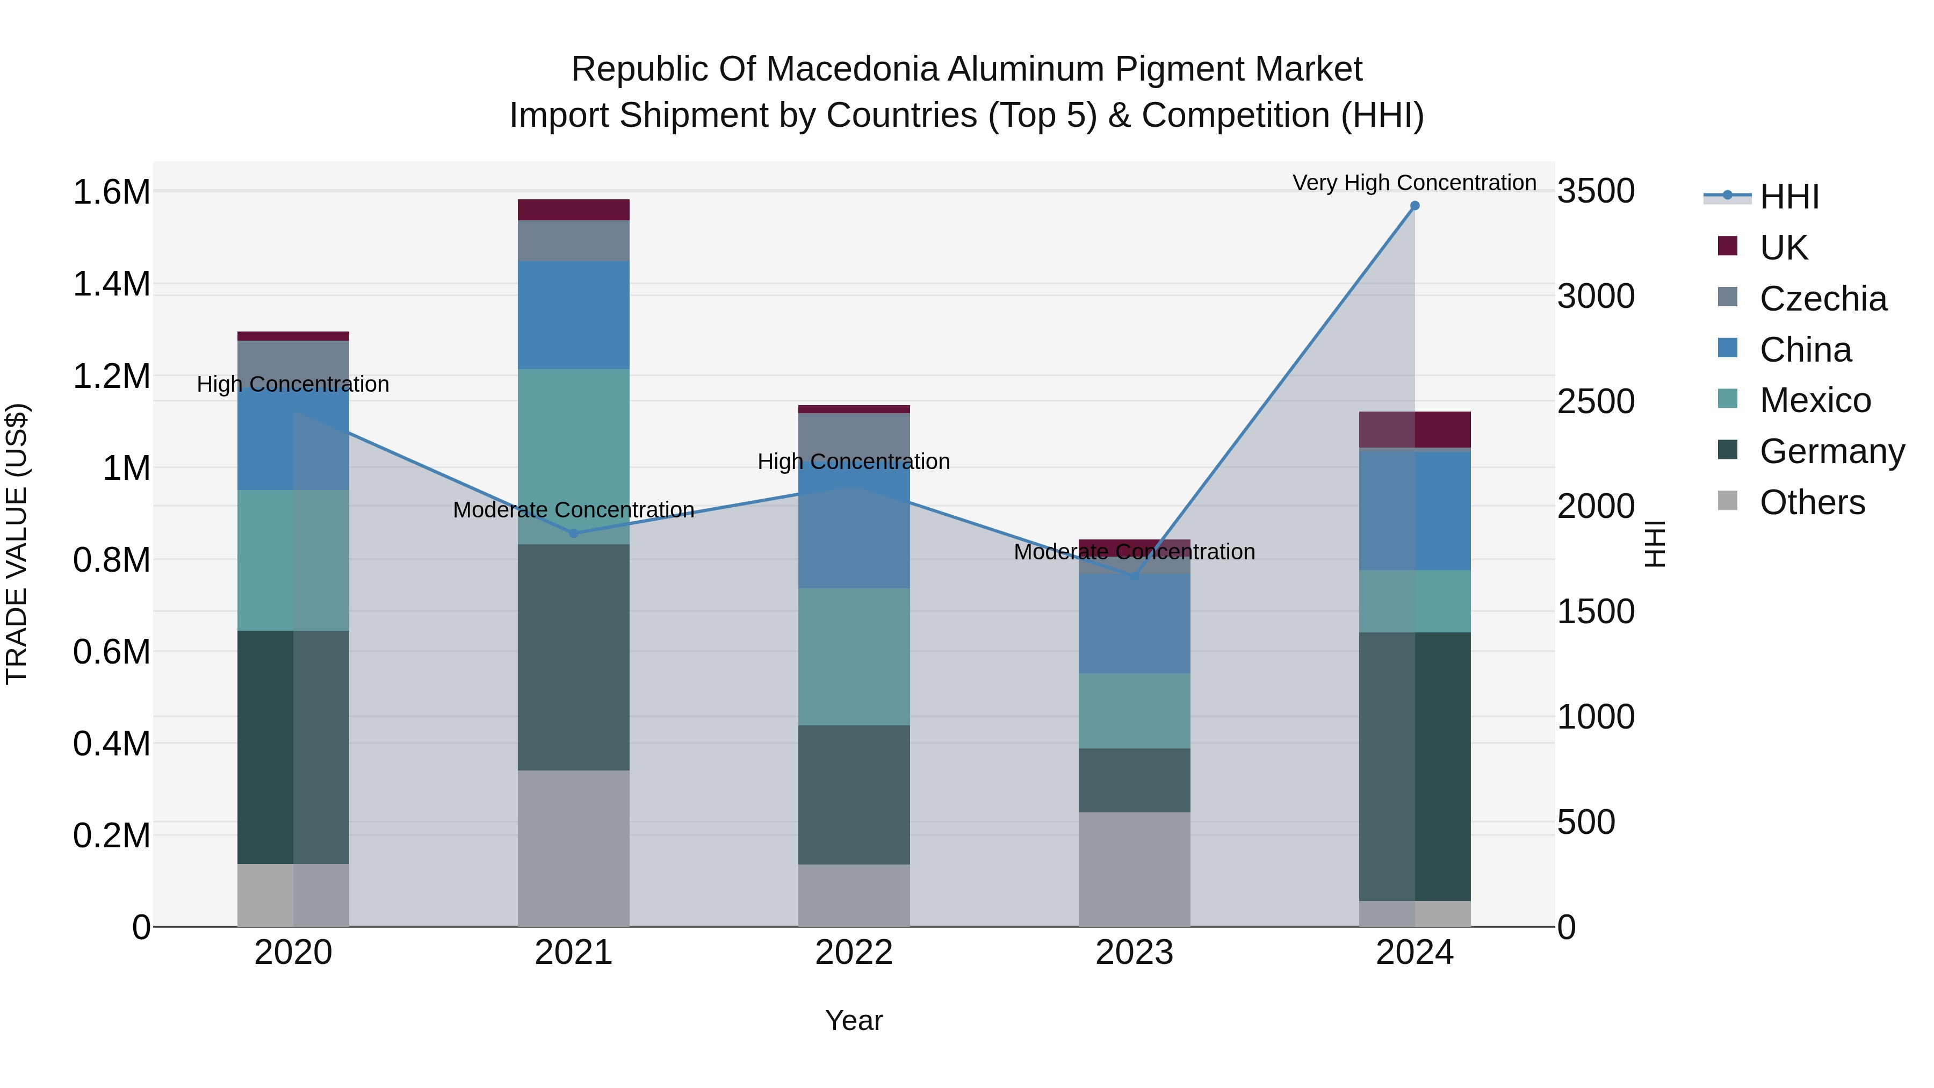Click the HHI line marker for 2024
[x=1415, y=206]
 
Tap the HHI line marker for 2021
[x=574, y=533]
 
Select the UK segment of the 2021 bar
[x=574, y=210]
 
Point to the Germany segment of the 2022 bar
[x=854, y=795]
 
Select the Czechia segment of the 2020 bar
[x=293, y=363]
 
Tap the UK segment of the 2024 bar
[x=1415, y=429]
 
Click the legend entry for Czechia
[x=1823, y=299]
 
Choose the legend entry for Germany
[x=1832, y=451]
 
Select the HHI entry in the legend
[x=1789, y=197]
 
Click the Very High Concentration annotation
[x=1414, y=183]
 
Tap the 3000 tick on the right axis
[x=1596, y=296]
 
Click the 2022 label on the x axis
[x=854, y=953]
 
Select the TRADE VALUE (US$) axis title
[x=17, y=544]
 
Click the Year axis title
[x=854, y=1020]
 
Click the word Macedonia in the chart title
[x=854, y=70]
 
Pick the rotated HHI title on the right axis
[x=1654, y=544]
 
